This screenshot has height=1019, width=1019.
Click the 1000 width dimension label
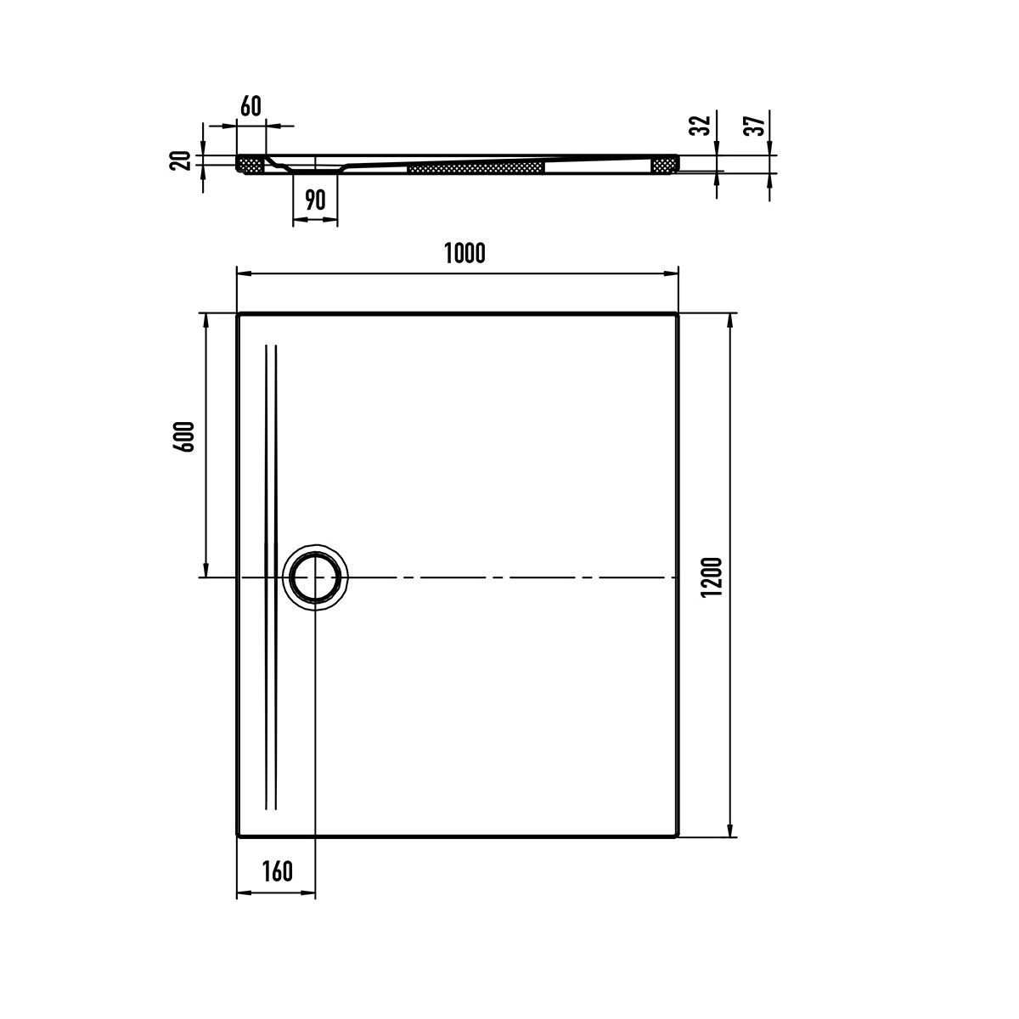tap(464, 253)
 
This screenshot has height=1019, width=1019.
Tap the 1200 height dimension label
tap(712, 577)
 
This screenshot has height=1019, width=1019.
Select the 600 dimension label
tap(185, 436)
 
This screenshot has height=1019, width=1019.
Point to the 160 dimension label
tap(277, 871)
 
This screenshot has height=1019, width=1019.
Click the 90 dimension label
tap(315, 200)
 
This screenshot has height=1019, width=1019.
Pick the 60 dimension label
tap(251, 106)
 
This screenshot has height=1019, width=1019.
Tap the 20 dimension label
tap(180, 160)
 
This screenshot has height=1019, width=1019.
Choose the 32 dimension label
tap(701, 126)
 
